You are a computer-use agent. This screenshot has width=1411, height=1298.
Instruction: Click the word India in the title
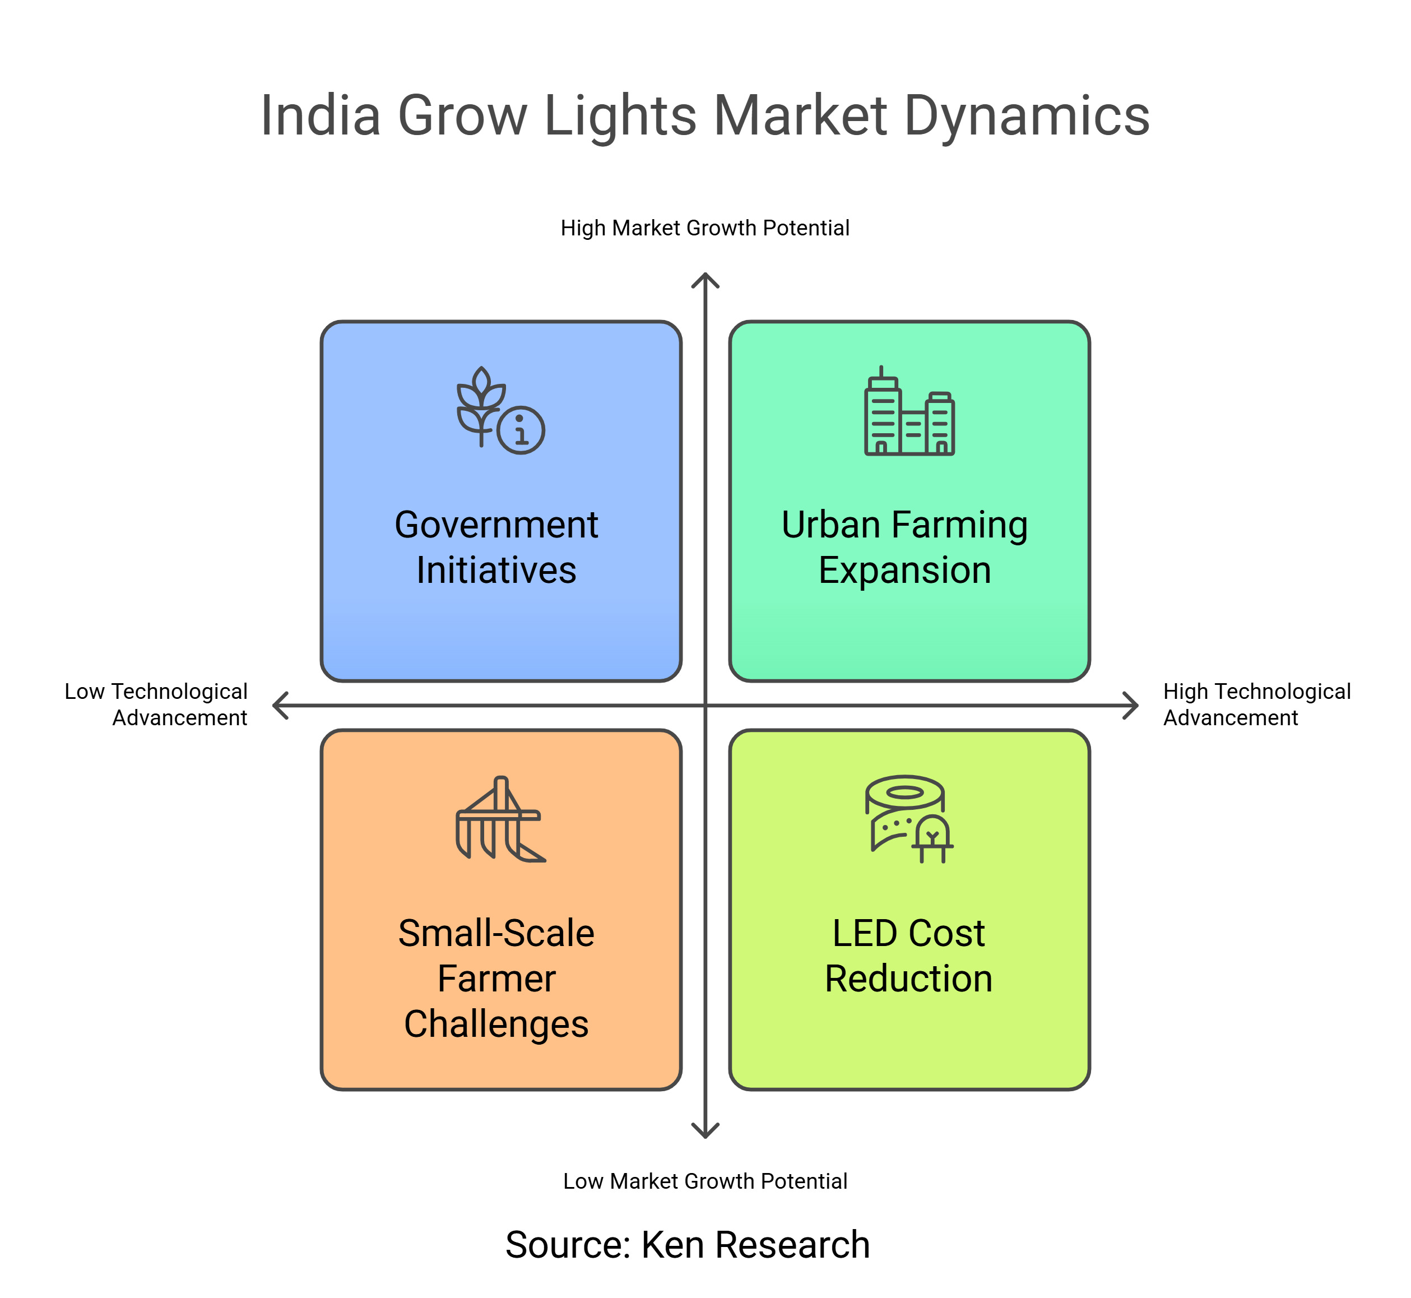(x=321, y=115)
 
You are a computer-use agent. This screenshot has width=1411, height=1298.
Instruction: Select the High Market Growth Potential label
(x=704, y=228)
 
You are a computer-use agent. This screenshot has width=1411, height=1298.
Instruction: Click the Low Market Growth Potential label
(x=705, y=1181)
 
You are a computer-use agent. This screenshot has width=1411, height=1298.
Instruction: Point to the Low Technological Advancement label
(x=156, y=704)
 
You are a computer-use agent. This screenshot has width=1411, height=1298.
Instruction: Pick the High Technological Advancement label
(x=1256, y=704)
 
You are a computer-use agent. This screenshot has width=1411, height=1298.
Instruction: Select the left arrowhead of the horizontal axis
(x=280, y=705)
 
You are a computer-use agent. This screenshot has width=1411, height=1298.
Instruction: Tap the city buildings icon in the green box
(x=909, y=411)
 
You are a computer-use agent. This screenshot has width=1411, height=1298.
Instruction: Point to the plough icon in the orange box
(x=500, y=819)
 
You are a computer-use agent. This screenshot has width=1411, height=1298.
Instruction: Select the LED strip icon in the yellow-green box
(x=909, y=819)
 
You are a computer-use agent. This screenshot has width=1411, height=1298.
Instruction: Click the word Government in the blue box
(x=496, y=525)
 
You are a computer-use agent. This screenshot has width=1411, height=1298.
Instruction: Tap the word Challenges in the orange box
(x=496, y=1025)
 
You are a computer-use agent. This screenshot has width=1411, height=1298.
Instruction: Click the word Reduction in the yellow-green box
(x=909, y=979)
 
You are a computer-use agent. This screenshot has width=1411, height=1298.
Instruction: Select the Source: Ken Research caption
(x=688, y=1245)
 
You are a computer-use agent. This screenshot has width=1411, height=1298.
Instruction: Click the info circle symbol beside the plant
(x=521, y=430)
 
